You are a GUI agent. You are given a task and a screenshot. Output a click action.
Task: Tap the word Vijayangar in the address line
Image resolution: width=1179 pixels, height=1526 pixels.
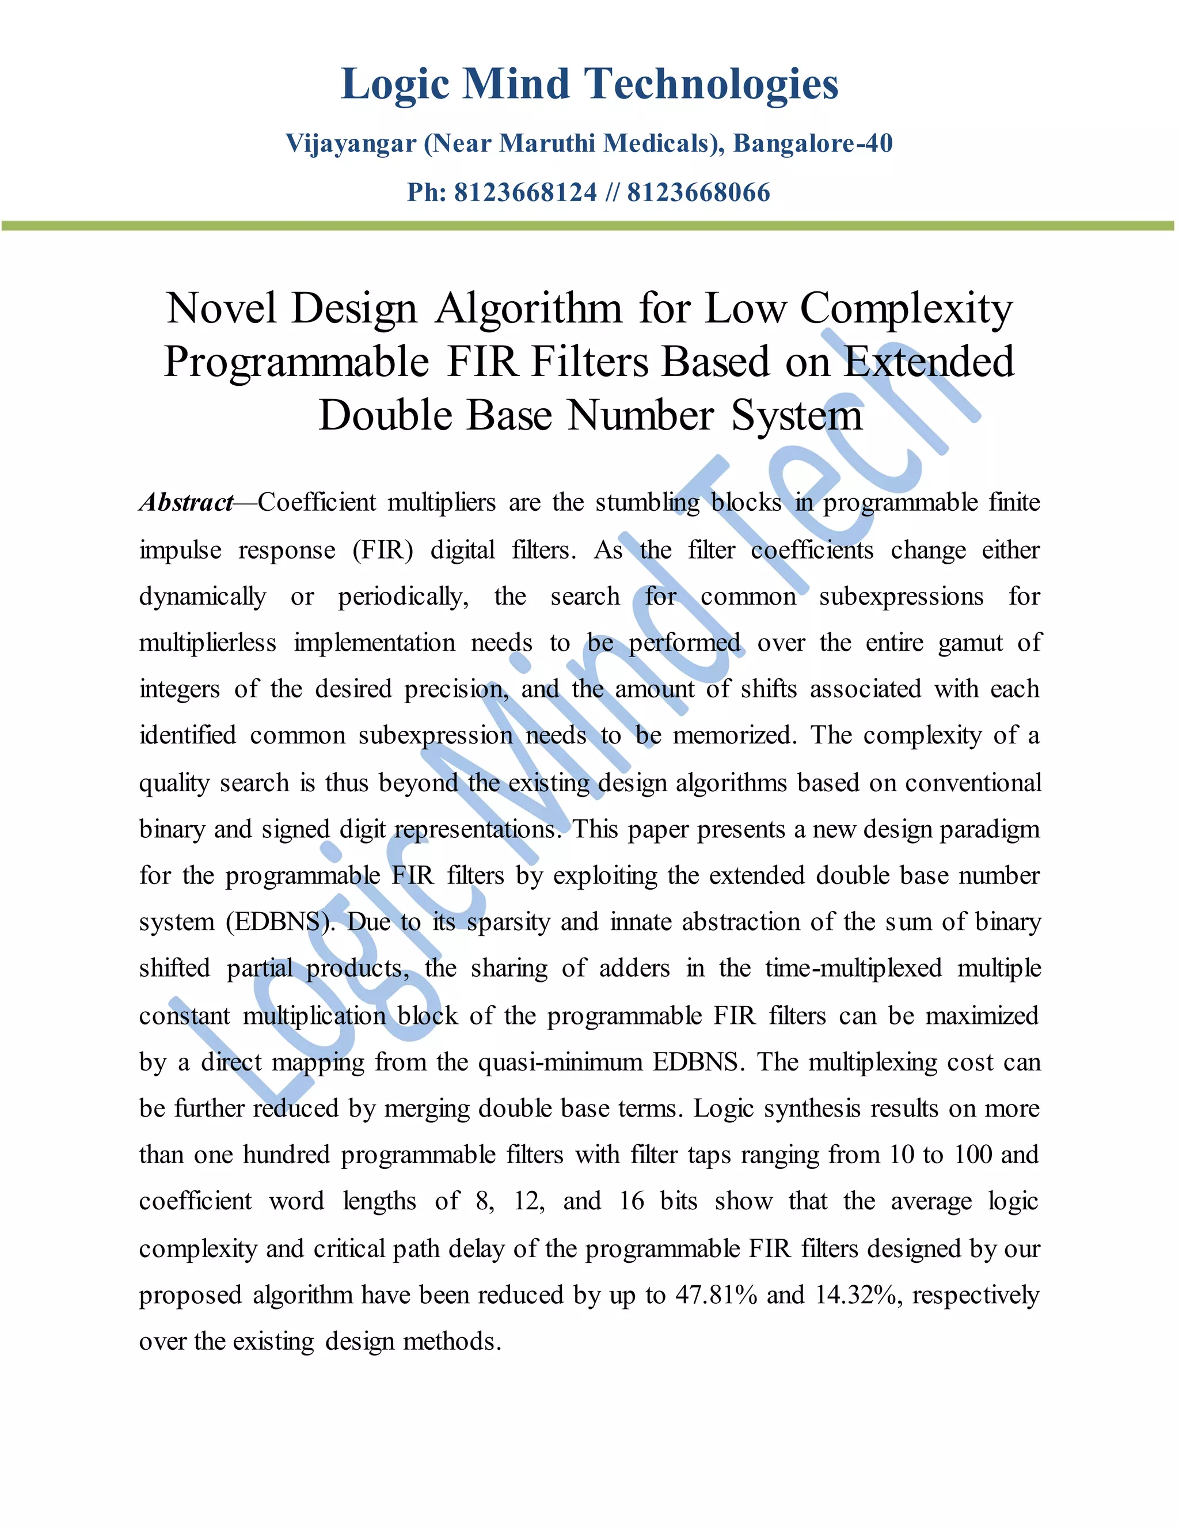tap(351, 144)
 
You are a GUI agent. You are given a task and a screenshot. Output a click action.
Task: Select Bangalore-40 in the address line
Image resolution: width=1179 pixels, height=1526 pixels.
tap(812, 144)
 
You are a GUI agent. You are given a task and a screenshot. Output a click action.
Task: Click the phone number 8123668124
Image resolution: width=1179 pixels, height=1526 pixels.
tap(525, 193)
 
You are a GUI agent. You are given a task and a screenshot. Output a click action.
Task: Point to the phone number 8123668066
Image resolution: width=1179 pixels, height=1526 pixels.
tap(698, 193)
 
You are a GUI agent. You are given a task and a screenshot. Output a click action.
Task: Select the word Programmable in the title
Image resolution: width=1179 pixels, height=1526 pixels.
tap(296, 363)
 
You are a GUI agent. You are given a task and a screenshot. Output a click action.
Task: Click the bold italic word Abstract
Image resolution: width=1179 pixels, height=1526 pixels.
tap(186, 502)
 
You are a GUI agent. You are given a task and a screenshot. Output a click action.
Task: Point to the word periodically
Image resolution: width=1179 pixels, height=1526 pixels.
tap(403, 597)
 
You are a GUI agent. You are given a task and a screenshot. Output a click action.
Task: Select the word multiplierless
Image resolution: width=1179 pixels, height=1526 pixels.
tap(207, 643)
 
